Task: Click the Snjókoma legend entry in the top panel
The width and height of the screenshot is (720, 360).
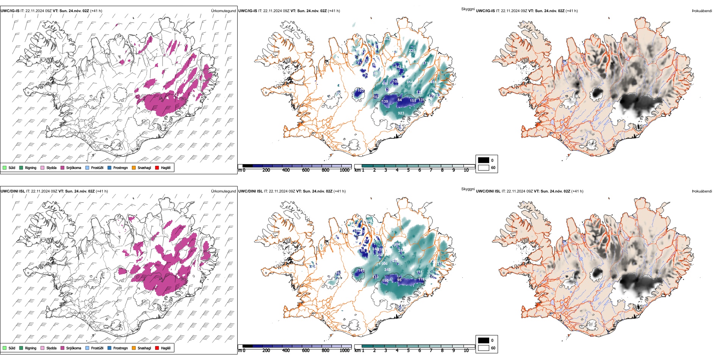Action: coord(74,168)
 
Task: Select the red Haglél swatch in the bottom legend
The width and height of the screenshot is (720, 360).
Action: coord(157,348)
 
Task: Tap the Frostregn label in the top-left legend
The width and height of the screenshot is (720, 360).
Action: coord(121,168)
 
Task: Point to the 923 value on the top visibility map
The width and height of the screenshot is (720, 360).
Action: coord(401,113)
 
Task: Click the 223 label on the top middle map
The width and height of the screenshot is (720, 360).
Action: coord(412,50)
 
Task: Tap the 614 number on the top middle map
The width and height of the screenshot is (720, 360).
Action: coord(410,82)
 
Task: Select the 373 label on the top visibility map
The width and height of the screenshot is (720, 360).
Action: coord(425,63)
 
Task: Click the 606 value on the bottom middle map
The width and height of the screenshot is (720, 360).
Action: coord(384,264)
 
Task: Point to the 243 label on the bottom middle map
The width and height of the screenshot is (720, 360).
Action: coord(387,270)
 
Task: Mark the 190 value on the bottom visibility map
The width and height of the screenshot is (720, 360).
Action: coord(385,281)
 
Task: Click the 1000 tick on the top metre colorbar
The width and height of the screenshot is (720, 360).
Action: coord(344,171)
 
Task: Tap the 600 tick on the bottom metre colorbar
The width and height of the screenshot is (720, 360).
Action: coord(306,351)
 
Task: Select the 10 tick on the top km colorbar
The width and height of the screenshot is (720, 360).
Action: coord(466,171)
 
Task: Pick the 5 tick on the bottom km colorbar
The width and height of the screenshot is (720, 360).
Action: coord(409,351)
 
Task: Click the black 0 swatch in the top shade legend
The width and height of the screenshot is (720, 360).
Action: coord(484,160)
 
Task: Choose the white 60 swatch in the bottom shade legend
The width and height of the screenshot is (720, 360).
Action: coord(484,348)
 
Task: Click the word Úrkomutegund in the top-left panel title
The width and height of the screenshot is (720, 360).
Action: coord(224,11)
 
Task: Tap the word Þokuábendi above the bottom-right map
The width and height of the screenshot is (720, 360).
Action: coord(702,191)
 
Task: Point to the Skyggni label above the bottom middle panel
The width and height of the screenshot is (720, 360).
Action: coord(468,189)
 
